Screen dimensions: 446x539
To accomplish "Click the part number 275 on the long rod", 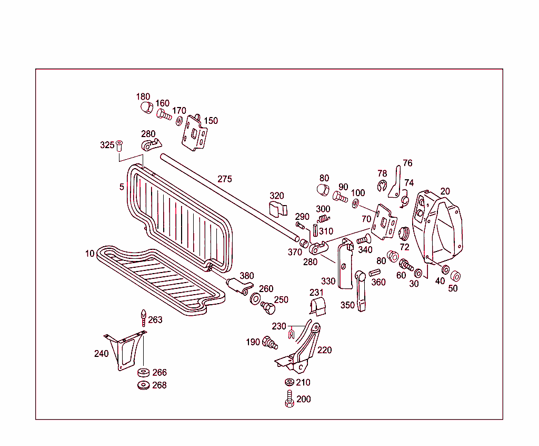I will tap(225, 179).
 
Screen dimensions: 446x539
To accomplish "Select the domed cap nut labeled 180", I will tap(146, 108).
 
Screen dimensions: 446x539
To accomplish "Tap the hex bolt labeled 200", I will tap(289, 399).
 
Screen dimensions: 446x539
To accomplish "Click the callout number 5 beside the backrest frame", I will tap(122, 187).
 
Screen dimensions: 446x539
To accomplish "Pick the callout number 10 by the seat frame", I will tap(89, 254).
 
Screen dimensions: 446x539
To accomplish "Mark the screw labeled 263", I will tap(143, 317).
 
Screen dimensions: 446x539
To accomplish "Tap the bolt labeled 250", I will tap(267, 306).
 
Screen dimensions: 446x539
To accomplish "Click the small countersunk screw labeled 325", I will tap(119, 145).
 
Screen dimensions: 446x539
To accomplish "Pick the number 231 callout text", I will tap(316, 293).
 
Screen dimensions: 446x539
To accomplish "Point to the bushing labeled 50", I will tap(455, 276).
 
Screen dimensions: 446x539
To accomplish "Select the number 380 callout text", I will tap(247, 276).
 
